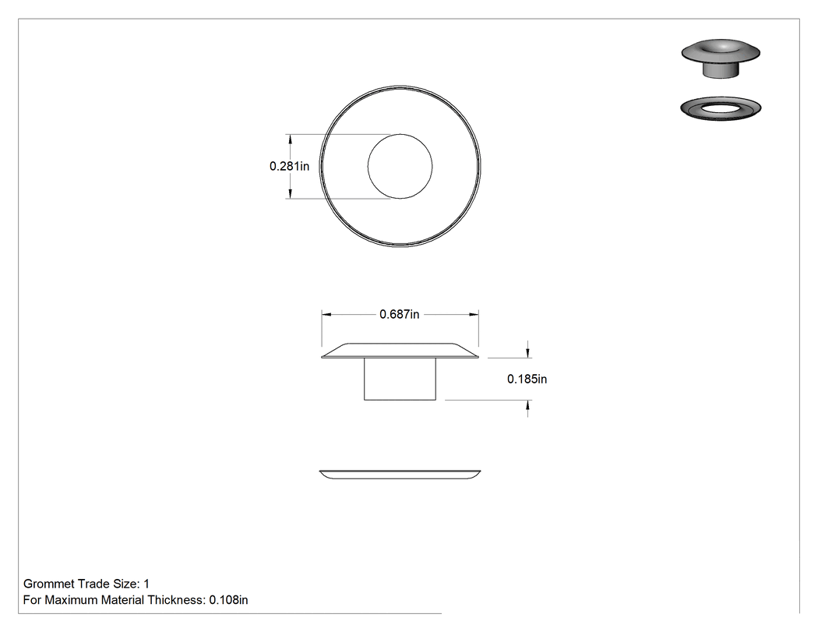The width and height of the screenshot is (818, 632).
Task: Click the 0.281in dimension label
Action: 289,166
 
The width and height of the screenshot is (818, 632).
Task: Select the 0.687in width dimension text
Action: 399,314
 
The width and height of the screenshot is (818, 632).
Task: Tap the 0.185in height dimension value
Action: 527,379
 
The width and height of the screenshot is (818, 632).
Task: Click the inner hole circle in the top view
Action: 400,134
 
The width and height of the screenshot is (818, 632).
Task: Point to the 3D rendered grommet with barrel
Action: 721,58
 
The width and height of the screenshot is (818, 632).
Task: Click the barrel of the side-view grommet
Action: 400,380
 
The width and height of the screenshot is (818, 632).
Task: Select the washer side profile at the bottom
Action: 400,475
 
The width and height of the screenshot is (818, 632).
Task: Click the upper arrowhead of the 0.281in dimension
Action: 290,139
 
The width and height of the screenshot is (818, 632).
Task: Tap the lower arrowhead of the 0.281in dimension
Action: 290,193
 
